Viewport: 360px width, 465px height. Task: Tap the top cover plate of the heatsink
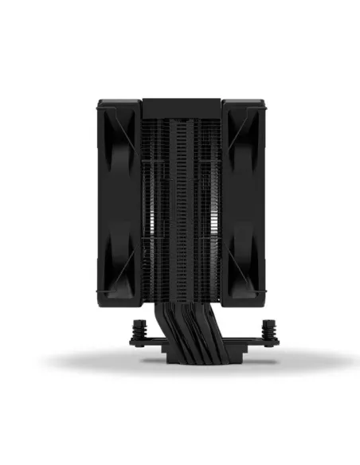coord(181,105)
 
